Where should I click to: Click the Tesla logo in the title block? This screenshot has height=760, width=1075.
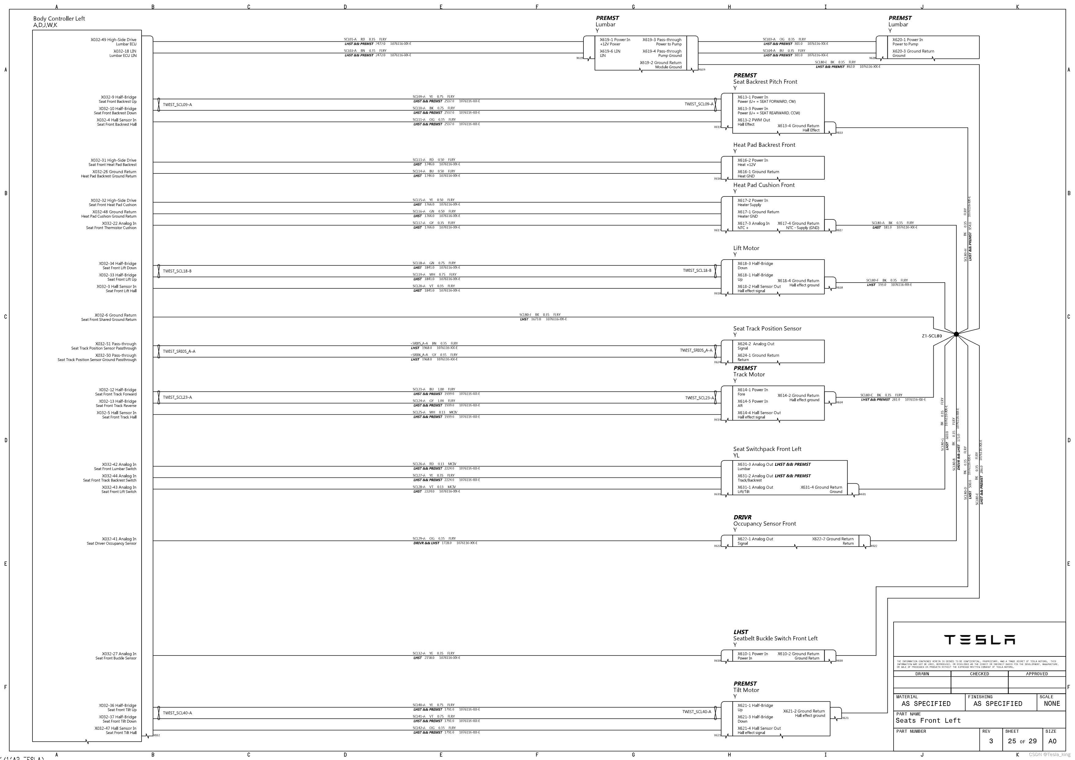(979, 640)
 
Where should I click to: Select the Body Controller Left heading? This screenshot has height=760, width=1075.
(59, 19)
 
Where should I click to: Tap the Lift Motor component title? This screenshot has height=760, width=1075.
(746, 248)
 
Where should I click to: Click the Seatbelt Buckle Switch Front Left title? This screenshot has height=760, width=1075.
(775, 638)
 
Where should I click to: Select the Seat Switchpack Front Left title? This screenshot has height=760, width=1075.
(767, 449)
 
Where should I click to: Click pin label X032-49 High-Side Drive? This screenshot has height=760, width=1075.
(113, 40)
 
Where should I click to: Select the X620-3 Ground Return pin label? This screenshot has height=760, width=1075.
(913, 51)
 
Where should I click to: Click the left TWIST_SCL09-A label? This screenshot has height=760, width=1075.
(177, 105)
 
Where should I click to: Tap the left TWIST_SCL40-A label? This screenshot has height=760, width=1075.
(177, 713)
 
